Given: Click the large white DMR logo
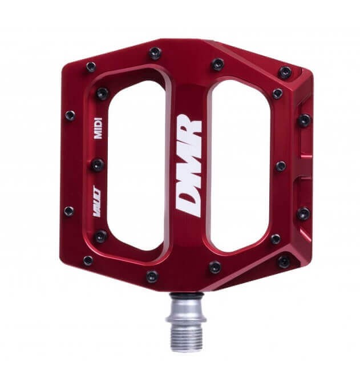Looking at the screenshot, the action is pyautogui.click(x=189, y=166).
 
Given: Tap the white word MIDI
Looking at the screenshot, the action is pyautogui.click(x=98, y=128).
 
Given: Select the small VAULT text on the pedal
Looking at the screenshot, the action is pyautogui.click(x=97, y=201).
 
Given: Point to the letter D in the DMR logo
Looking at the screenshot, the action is pyautogui.click(x=187, y=202).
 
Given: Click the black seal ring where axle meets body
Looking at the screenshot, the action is pyautogui.click(x=187, y=296).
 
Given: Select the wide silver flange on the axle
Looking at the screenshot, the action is pyautogui.click(x=186, y=319).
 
